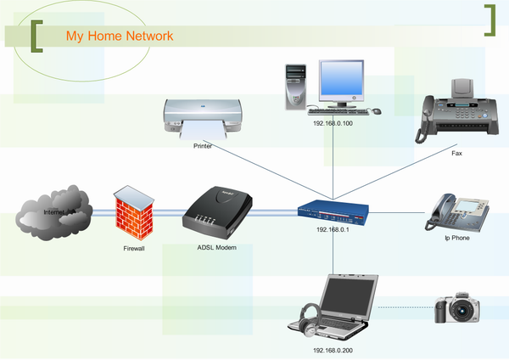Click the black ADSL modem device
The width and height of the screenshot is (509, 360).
pyautogui.click(x=214, y=211)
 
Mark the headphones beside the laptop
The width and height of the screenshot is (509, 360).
pyautogui.click(x=310, y=321)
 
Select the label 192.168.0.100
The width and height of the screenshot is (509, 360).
pyautogui.click(x=333, y=123)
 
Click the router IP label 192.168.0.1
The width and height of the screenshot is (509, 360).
pyautogui.click(x=333, y=229)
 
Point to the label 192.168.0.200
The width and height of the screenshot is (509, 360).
pyautogui.click(x=333, y=350)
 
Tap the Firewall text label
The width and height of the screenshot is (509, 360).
pyautogui.click(x=134, y=250)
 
